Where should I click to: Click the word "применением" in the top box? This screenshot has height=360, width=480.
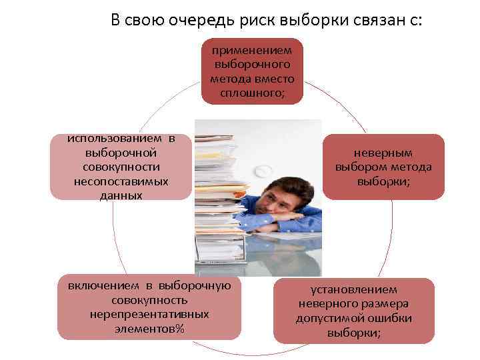[x=252, y=50]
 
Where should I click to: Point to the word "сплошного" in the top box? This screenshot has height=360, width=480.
[x=251, y=92]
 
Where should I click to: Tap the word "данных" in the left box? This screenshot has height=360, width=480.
[x=121, y=195]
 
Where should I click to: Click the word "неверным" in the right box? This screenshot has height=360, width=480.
[x=383, y=153]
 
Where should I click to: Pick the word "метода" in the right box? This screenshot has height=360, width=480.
[x=410, y=167]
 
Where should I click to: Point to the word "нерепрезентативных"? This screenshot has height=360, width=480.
[x=149, y=314]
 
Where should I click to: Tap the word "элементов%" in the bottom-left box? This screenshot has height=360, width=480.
[x=149, y=328]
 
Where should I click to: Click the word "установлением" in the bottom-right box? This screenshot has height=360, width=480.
[x=353, y=290]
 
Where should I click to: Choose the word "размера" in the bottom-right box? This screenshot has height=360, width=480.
[x=386, y=304]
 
